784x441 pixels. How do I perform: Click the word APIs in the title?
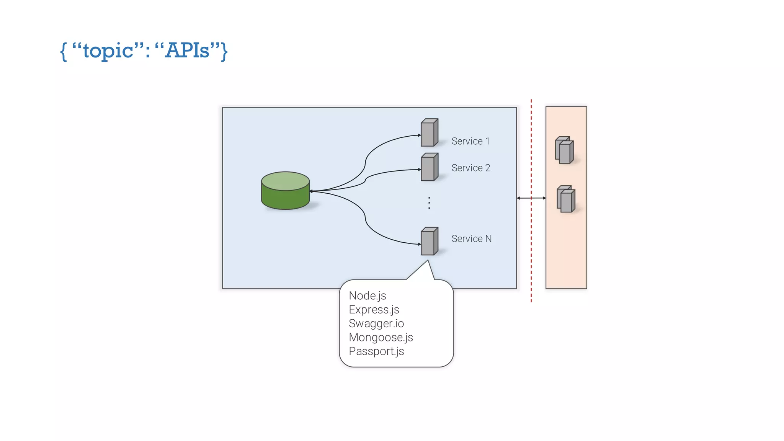[187, 50]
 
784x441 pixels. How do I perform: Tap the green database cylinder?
[285, 191]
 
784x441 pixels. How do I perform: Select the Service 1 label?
[470, 141]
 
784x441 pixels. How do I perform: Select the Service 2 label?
[470, 168]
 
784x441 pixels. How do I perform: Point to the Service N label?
[471, 239]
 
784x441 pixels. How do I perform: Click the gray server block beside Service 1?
[429, 133]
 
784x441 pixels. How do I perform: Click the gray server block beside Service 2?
[429, 167]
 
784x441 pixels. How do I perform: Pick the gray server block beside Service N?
[429, 242]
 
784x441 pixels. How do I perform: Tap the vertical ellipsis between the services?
[430, 203]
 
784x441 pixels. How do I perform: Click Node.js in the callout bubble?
[367, 296]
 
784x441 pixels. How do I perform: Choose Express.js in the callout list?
[374, 310]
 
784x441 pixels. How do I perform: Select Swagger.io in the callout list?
[376, 323]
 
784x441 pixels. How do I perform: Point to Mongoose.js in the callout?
[381, 337]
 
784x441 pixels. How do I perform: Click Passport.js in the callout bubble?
[376, 351]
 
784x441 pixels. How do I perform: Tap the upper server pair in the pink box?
[564, 150]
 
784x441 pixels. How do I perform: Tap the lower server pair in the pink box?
[566, 199]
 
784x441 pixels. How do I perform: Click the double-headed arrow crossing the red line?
[531, 198]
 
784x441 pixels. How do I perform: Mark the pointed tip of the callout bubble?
[428, 261]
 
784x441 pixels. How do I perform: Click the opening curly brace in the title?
[64, 51]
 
